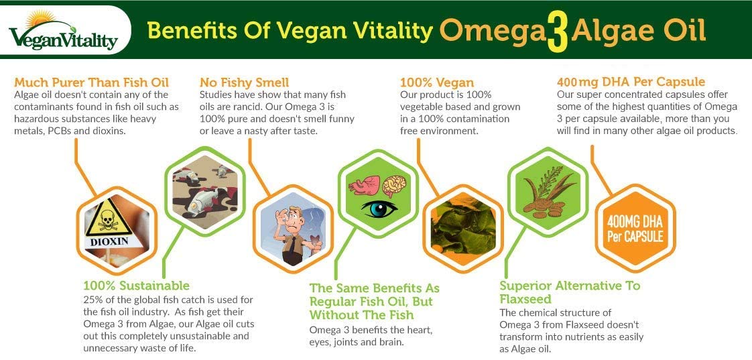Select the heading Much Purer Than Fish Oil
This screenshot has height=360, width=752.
92,82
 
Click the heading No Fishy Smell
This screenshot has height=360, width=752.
244,82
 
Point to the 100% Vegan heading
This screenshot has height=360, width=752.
436,82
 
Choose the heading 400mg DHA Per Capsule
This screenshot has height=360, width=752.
631,82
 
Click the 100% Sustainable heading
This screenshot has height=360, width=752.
136,286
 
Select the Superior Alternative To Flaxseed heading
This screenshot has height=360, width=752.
570,292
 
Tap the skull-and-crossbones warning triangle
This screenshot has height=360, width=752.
108,217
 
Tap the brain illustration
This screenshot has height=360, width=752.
393,186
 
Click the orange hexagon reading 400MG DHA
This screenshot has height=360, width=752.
635,229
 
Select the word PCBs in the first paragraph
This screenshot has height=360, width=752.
60,131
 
